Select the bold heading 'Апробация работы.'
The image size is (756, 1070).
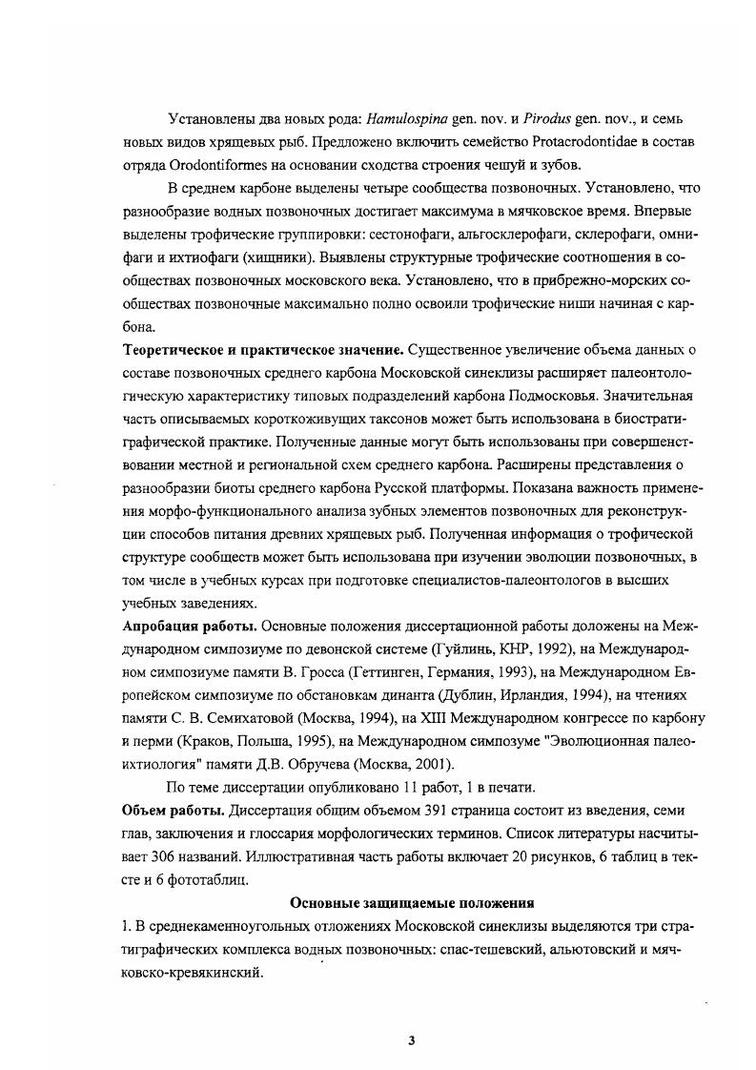189,628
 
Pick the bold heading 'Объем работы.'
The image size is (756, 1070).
174,810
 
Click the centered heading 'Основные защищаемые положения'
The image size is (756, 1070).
411,901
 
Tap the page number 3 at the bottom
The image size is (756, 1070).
411,1040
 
